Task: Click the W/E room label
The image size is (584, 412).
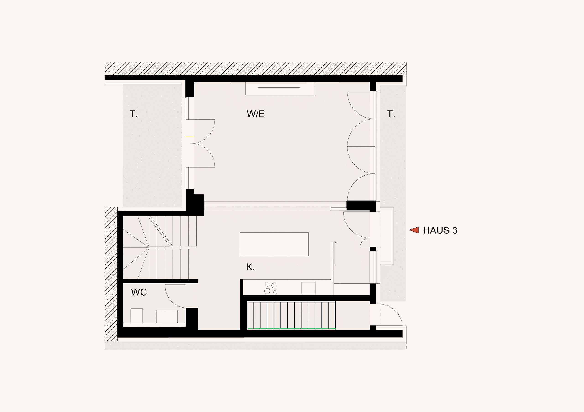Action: tap(256, 114)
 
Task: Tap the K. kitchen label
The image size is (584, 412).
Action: tap(250, 267)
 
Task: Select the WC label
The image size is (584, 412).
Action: tap(139, 292)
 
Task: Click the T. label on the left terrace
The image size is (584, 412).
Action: tap(133, 114)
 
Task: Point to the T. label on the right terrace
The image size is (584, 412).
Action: tap(391, 114)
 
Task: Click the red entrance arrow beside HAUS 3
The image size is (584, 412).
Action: tap(414, 230)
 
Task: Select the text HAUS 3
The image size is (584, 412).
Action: tap(440, 230)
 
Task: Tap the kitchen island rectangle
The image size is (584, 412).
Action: tap(274, 244)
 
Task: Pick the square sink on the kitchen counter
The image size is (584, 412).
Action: tap(308, 288)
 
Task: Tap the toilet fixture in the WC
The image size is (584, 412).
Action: tap(137, 316)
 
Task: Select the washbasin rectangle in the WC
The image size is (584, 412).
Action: tap(167, 316)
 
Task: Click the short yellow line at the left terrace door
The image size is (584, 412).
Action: tap(190, 136)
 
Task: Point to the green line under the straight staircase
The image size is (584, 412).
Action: tap(292, 329)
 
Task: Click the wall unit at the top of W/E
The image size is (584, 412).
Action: tap(280, 89)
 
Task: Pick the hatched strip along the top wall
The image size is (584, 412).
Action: tap(255, 69)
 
